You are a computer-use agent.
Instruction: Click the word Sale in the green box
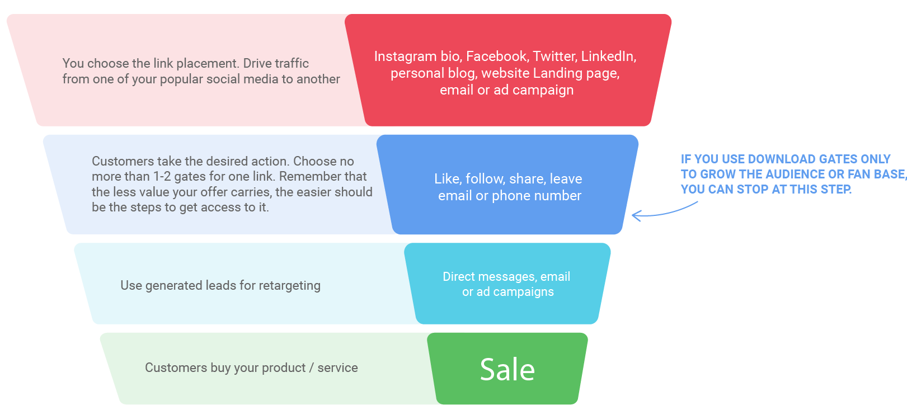coord(507,369)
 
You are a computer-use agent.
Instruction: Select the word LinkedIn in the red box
coord(609,56)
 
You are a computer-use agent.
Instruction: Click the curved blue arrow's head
coord(636,216)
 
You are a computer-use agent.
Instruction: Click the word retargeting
coord(289,286)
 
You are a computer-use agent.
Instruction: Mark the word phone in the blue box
coord(511,196)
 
